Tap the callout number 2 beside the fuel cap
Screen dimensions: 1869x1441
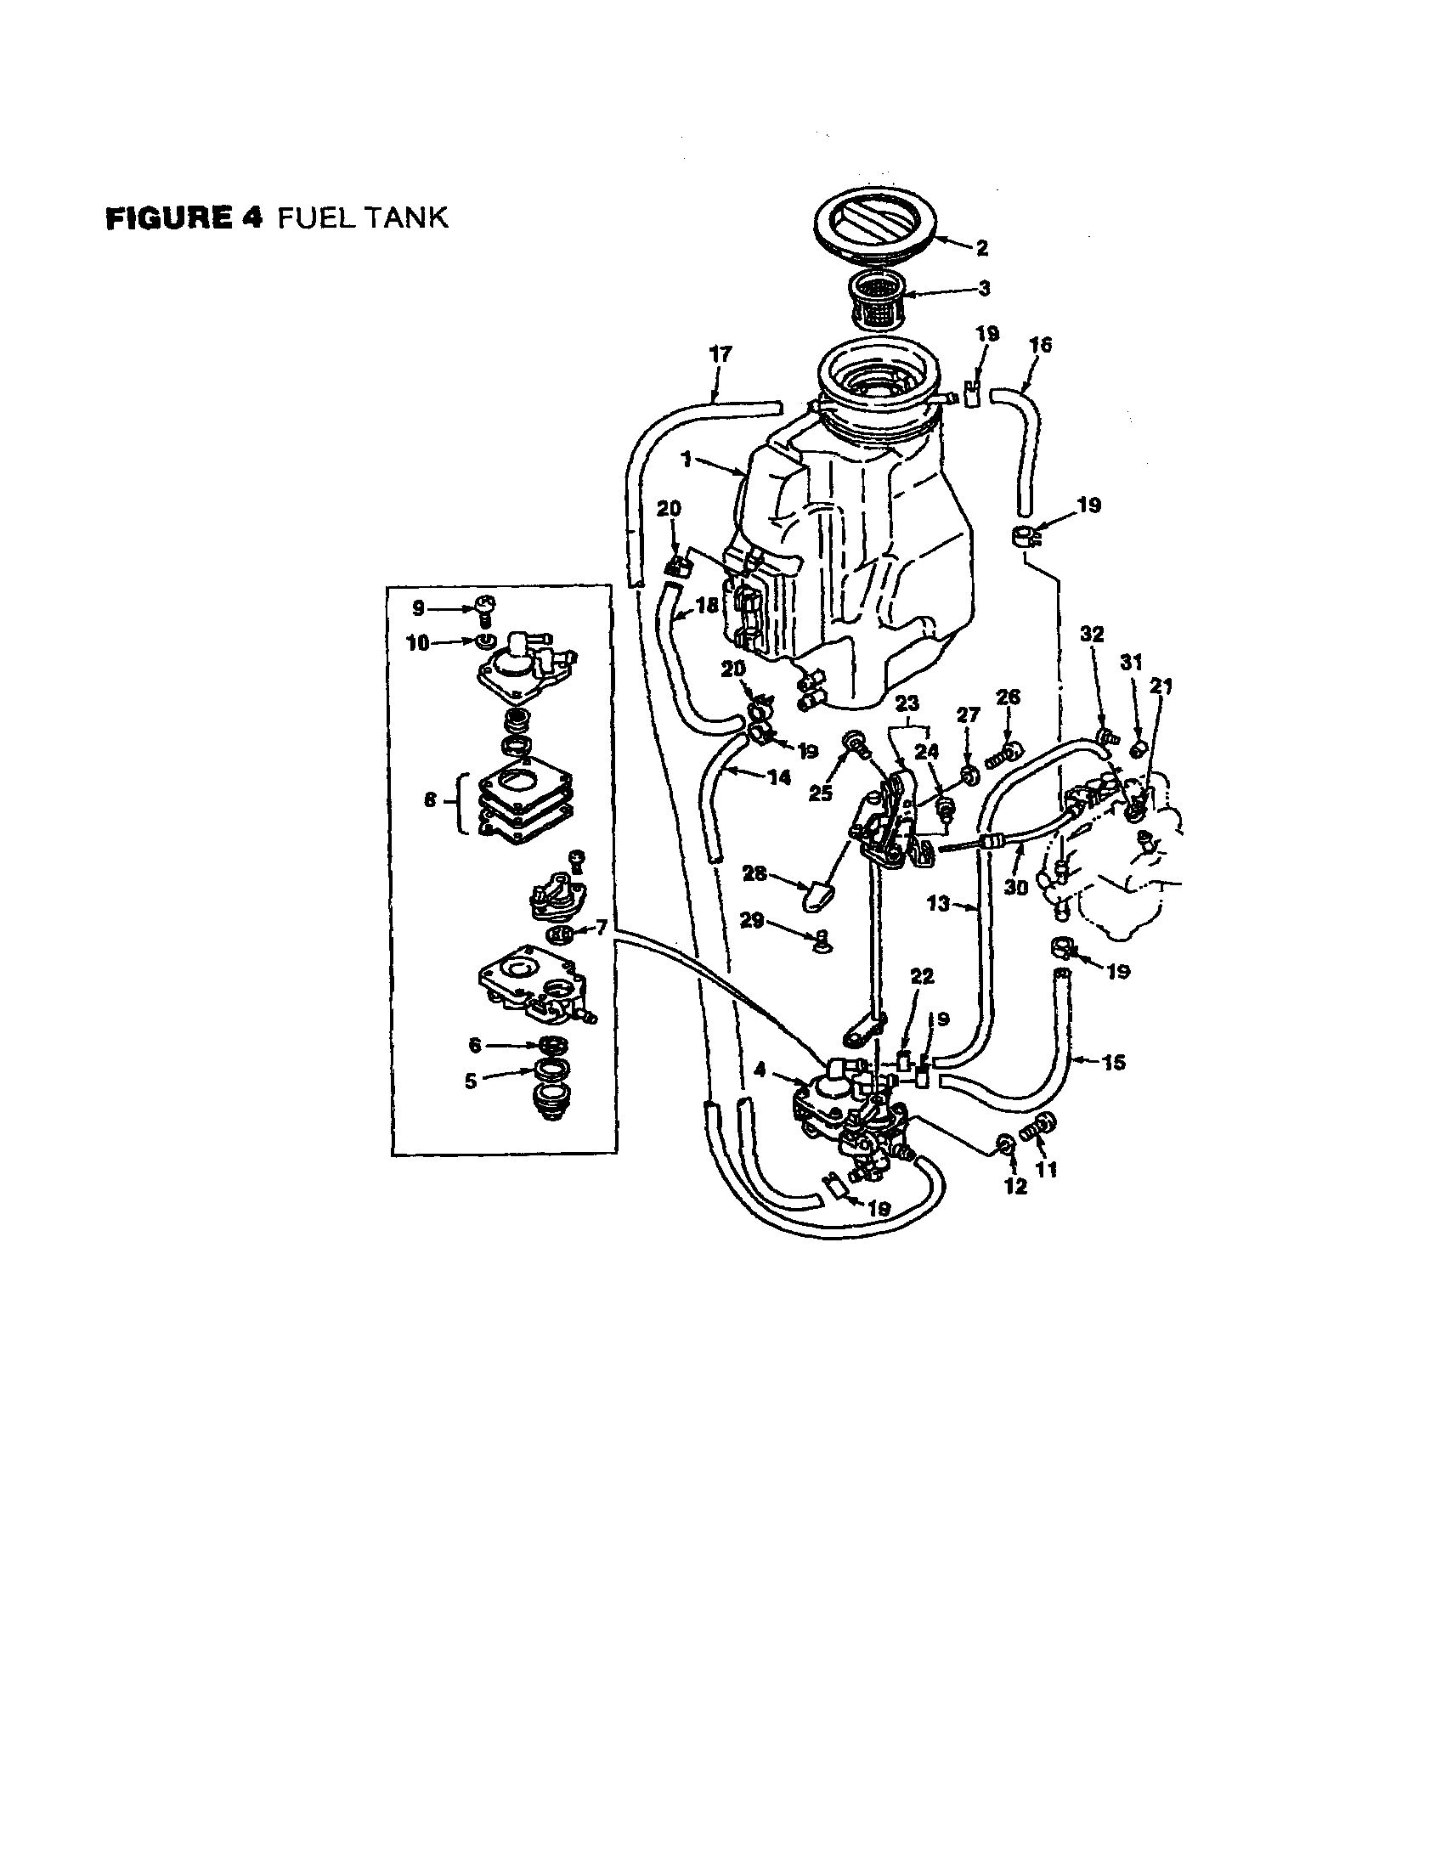tap(981, 248)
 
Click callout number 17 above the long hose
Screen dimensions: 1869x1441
tap(721, 353)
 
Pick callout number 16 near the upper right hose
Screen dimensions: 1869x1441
tap(1041, 345)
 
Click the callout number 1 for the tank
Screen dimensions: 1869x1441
tap(687, 460)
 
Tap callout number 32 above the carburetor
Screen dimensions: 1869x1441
tap(1093, 634)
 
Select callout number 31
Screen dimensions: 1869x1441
tap(1132, 663)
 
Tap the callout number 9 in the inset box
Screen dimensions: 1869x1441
tap(418, 608)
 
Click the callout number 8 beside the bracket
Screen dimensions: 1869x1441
tap(430, 799)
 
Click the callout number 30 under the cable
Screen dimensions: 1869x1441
tap(1015, 888)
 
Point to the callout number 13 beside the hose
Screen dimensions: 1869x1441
tap(939, 903)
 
